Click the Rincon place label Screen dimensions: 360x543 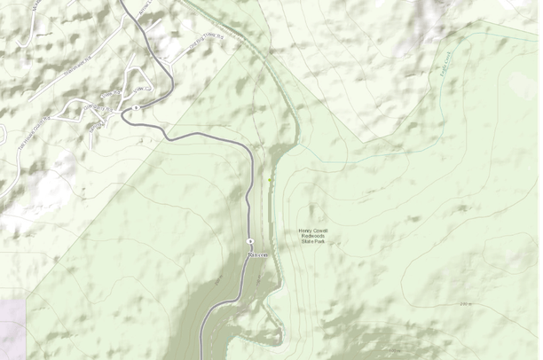click(258, 254)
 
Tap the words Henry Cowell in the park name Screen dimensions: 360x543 click(314, 231)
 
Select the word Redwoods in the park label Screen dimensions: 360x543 click(314, 236)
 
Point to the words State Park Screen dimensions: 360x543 click(314, 241)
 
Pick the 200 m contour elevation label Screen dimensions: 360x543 click(465, 304)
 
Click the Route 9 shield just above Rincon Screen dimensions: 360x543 click(251, 241)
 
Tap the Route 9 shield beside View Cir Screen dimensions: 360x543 click(136, 107)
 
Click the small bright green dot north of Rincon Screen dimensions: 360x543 click(271, 181)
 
